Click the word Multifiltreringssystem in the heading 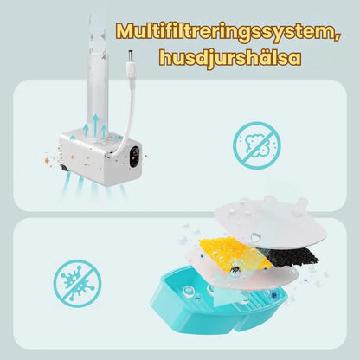pos(225,31)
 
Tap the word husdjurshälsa pos(230,57)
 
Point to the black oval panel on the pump pos(134,157)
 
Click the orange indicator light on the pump pos(133,158)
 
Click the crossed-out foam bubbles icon pos(256,145)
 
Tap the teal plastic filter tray pos(218,301)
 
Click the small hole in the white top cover pos(255,238)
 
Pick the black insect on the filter pos(235,269)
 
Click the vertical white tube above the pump pos(97,75)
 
